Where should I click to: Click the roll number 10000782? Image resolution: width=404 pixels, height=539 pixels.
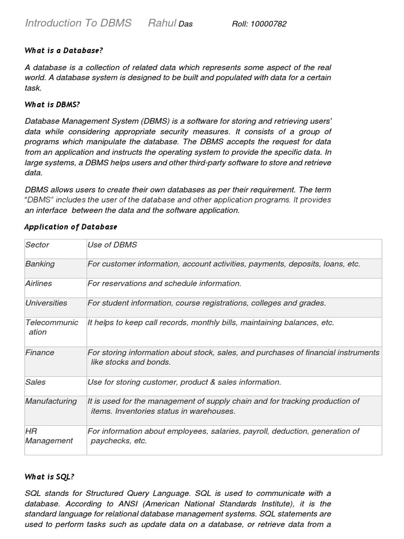click(x=269, y=24)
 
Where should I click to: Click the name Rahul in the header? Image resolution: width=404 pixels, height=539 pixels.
click(x=162, y=23)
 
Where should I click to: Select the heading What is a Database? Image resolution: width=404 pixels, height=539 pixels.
click(x=64, y=51)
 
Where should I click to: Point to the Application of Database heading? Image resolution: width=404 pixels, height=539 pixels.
click(x=71, y=227)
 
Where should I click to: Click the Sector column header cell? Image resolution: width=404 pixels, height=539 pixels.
click(x=37, y=245)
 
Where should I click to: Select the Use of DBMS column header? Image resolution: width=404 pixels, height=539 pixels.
click(x=112, y=245)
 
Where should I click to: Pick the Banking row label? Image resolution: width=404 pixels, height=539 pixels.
click(x=40, y=264)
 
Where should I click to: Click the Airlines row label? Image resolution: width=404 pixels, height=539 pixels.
click(x=39, y=283)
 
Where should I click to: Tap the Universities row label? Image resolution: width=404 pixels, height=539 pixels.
click(x=46, y=303)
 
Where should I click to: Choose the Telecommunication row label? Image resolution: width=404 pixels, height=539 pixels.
click(x=51, y=327)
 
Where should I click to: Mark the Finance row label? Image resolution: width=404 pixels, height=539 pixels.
click(x=40, y=352)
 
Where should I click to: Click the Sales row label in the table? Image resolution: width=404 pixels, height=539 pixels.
click(x=36, y=382)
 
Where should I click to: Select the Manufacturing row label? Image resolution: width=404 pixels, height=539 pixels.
click(x=51, y=401)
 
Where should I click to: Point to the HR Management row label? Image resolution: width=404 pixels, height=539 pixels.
click(x=49, y=436)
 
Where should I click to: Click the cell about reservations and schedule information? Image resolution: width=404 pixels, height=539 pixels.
click(x=165, y=283)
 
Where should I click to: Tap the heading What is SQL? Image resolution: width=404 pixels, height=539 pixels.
click(x=49, y=477)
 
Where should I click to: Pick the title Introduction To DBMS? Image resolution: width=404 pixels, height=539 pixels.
click(x=78, y=23)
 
